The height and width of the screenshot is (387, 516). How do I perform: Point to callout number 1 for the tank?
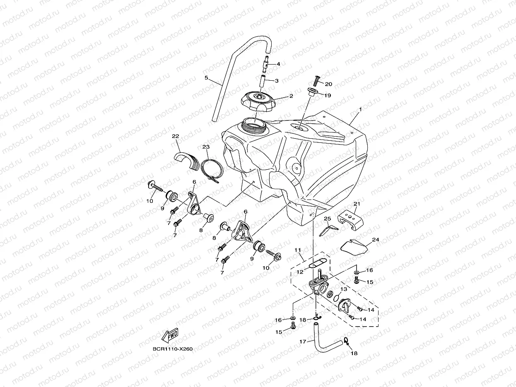tap(360, 110)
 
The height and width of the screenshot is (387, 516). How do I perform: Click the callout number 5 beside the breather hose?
tap(206, 77)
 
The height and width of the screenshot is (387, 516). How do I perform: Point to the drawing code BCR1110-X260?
tap(172, 349)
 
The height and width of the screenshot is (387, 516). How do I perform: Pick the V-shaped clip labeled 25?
tap(328, 228)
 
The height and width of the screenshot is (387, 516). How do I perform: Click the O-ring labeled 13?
tap(330, 295)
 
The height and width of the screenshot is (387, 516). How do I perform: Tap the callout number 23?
tap(206, 147)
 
